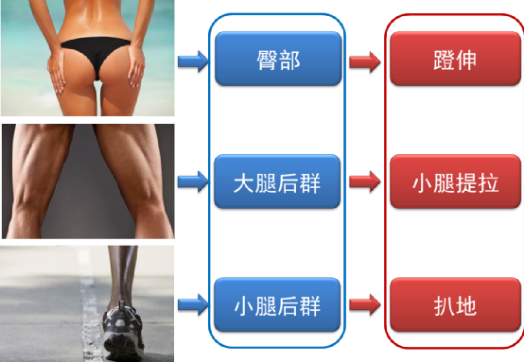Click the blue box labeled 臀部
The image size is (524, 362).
tap(277, 59)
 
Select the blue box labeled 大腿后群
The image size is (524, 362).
tap(277, 181)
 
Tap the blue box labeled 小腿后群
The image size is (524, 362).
tap(277, 304)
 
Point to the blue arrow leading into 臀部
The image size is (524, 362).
tap(192, 62)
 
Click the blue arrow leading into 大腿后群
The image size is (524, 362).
tap(192, 180)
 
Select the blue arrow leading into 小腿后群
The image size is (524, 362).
tap(192, 304)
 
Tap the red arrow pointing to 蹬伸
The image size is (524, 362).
tap(364, 62)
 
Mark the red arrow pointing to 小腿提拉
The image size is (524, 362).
tap(364, 180)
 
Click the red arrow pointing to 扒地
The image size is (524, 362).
tap(364, 304)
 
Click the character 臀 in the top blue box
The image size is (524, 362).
tap(265, 60)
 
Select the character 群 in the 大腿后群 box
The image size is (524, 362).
tap(309, 181)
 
